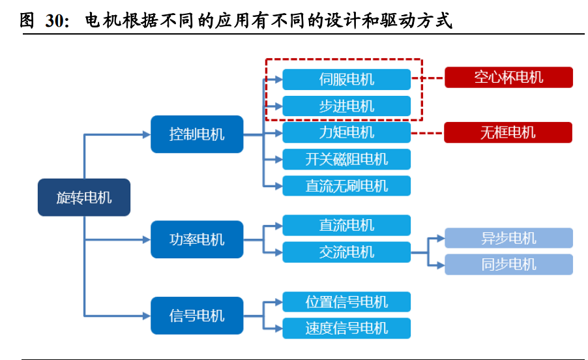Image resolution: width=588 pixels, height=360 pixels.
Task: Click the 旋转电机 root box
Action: pos(83,198)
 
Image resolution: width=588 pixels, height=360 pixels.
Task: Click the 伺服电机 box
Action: pos(346,80)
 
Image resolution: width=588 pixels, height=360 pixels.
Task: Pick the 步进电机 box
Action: pos(346,106)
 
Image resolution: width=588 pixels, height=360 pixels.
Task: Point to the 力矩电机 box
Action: pos(346,132)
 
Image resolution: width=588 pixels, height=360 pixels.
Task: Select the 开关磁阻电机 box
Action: pos(346,159)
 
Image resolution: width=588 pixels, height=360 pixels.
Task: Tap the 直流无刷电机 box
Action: pos(346,186)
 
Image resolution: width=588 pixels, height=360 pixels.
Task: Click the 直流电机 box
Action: pos(346,226)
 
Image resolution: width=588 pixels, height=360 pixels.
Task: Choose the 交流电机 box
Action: pos(346,252)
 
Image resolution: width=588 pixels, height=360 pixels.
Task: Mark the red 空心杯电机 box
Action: pos(508,78)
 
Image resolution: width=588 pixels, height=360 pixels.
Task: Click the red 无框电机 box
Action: pos(508,132)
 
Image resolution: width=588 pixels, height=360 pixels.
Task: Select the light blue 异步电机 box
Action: pos(508,238)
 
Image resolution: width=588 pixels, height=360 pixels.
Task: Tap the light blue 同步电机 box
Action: pos(508,264)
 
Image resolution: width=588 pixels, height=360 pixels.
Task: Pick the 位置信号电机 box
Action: pos(346,302)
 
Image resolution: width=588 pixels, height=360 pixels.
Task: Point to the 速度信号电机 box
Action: pos(346,328)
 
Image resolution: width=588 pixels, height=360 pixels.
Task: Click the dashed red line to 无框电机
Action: pos(428,132)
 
